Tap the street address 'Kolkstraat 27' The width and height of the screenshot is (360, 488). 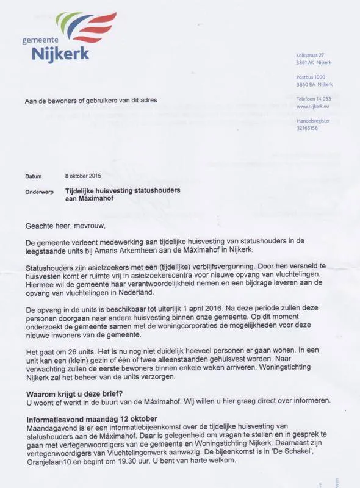click(310, 56)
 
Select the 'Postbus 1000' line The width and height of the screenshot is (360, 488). click(311, 77)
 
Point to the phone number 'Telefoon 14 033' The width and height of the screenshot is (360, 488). click(314, 98)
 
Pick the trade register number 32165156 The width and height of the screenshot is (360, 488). click(307, 128)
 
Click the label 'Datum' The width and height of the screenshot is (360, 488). click(34, 176)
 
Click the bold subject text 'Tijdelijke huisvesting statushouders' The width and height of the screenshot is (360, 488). click(123, 190)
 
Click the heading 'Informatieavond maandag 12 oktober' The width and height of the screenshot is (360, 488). click(92, 419)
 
